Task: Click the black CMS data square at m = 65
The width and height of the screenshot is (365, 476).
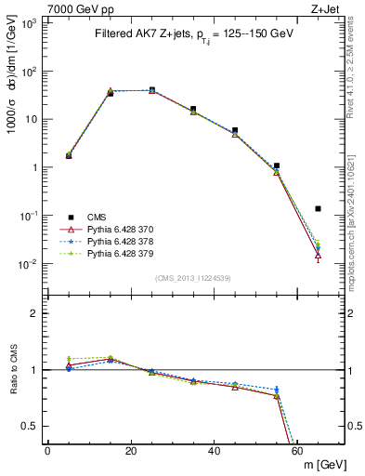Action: tap(319, 208)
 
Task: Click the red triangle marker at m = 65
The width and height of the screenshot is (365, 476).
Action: tap(319, 254)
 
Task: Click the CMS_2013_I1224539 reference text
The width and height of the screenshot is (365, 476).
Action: tap(193, 278)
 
